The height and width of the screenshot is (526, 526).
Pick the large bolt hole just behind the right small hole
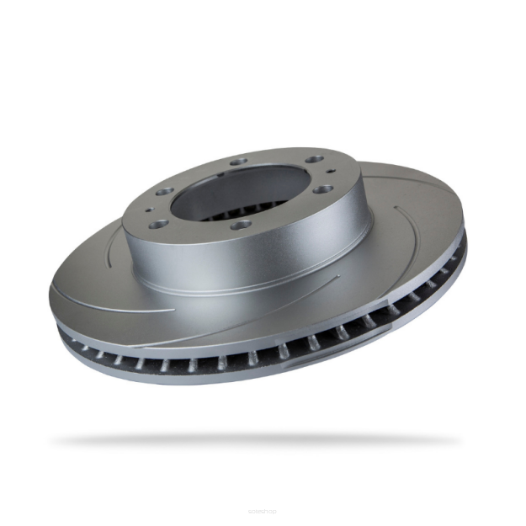(x=314, y=160)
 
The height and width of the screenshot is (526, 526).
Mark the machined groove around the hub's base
(x=252, y=290)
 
